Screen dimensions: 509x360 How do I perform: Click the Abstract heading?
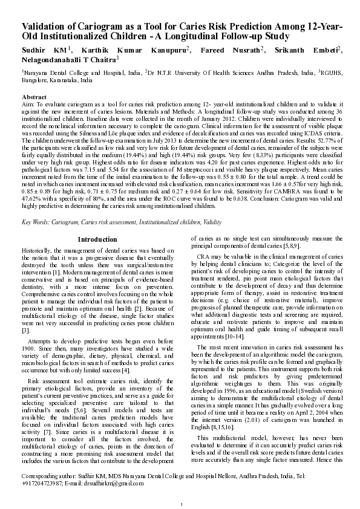pyautogui.click(x=34, y=97)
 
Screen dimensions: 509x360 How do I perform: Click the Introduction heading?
pyautogui.click(x=97, y=240)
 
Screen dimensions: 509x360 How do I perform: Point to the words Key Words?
pyautogui.click(x=35, y=223)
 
